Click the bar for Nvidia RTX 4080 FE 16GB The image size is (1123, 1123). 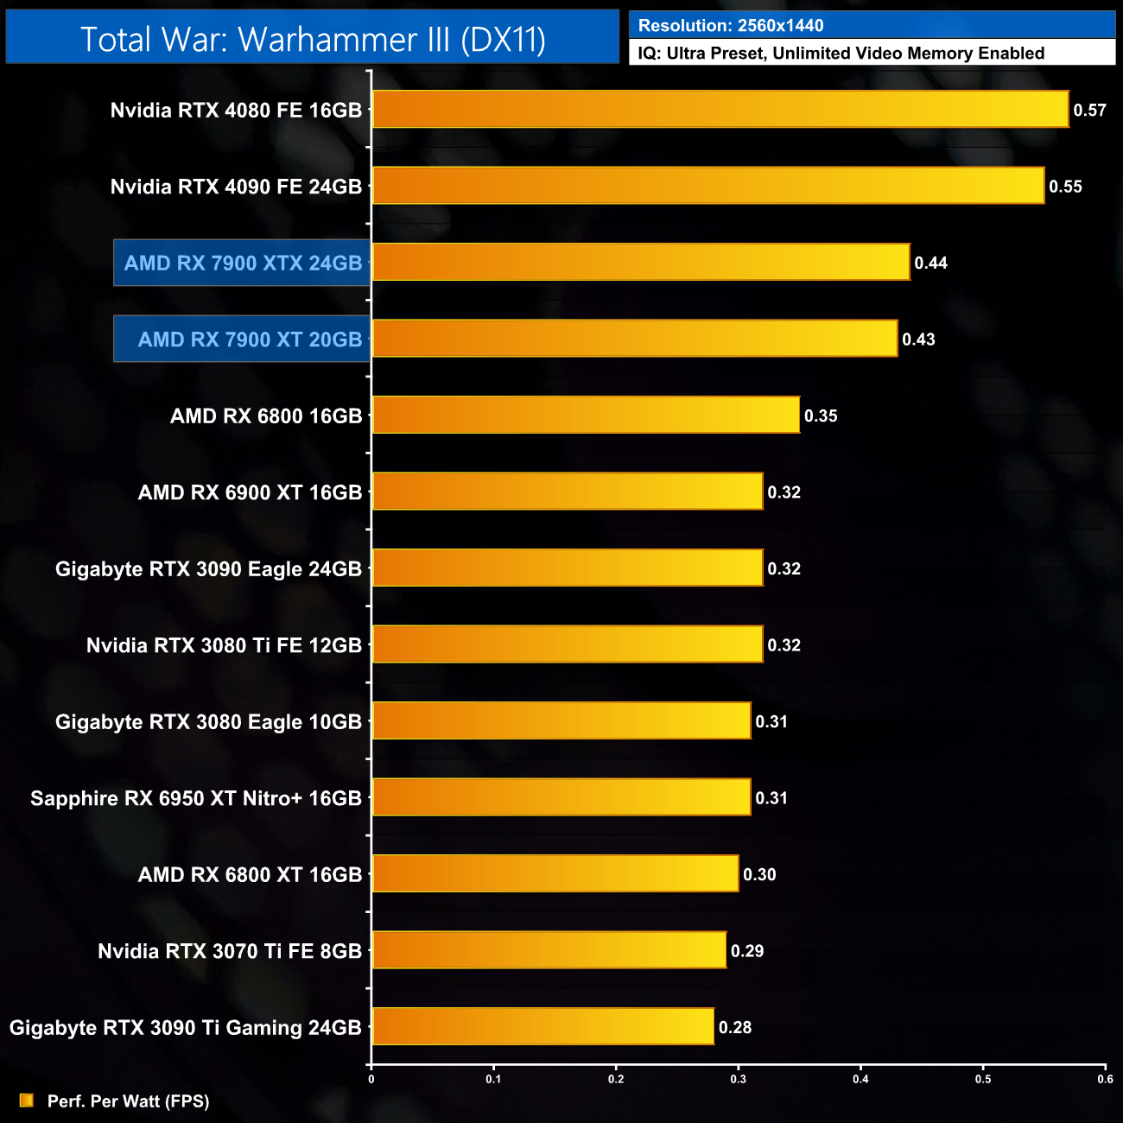coord(720,110)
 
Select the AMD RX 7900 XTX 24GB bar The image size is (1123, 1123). coord(640,263)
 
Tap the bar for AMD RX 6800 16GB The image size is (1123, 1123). coord(585,416)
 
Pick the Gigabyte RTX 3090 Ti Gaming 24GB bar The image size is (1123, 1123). coord(542,1027)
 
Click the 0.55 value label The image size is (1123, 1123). coord(1065,187)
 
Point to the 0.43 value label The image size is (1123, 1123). coord(918,339)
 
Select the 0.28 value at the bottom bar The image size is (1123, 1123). coord(735,1027)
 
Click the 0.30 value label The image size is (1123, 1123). coord(759,874)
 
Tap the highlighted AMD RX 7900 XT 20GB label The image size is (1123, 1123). coord(250,339)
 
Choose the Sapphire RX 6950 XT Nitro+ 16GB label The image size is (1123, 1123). coord(196,798)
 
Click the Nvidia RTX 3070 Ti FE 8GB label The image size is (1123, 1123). coord(230,951)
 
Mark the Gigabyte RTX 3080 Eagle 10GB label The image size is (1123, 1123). coord(208,722)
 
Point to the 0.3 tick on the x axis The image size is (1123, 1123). coord(739,1079)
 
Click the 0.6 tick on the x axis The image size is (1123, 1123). coord(1105,1079)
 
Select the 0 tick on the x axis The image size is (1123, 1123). coord(371,1079)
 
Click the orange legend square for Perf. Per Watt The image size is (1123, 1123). coord(27,1101)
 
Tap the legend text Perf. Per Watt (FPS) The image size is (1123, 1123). coord(128,1101)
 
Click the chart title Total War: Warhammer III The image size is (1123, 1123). coord(313,39)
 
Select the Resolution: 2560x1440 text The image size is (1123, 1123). coord(731,26)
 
